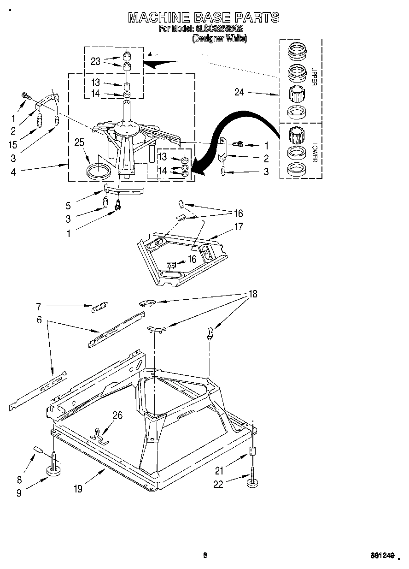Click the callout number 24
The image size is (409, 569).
pos(239,92)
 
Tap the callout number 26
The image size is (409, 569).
pos(117,415)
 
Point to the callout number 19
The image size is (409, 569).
pos(78,489)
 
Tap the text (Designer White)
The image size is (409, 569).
pos(219,39)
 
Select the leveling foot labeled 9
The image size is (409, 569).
pos(55,470)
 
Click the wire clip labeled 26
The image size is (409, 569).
pos(99,436)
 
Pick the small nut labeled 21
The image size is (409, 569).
pos(252,451)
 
